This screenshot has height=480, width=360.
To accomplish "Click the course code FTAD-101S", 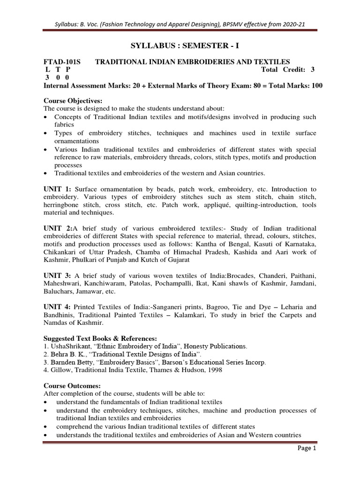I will [61, 62].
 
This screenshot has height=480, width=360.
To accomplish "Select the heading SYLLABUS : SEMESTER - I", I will [180, 45].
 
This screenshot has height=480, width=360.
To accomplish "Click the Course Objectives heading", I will [73, 101].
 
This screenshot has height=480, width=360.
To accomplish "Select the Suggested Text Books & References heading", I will [100, 338].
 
